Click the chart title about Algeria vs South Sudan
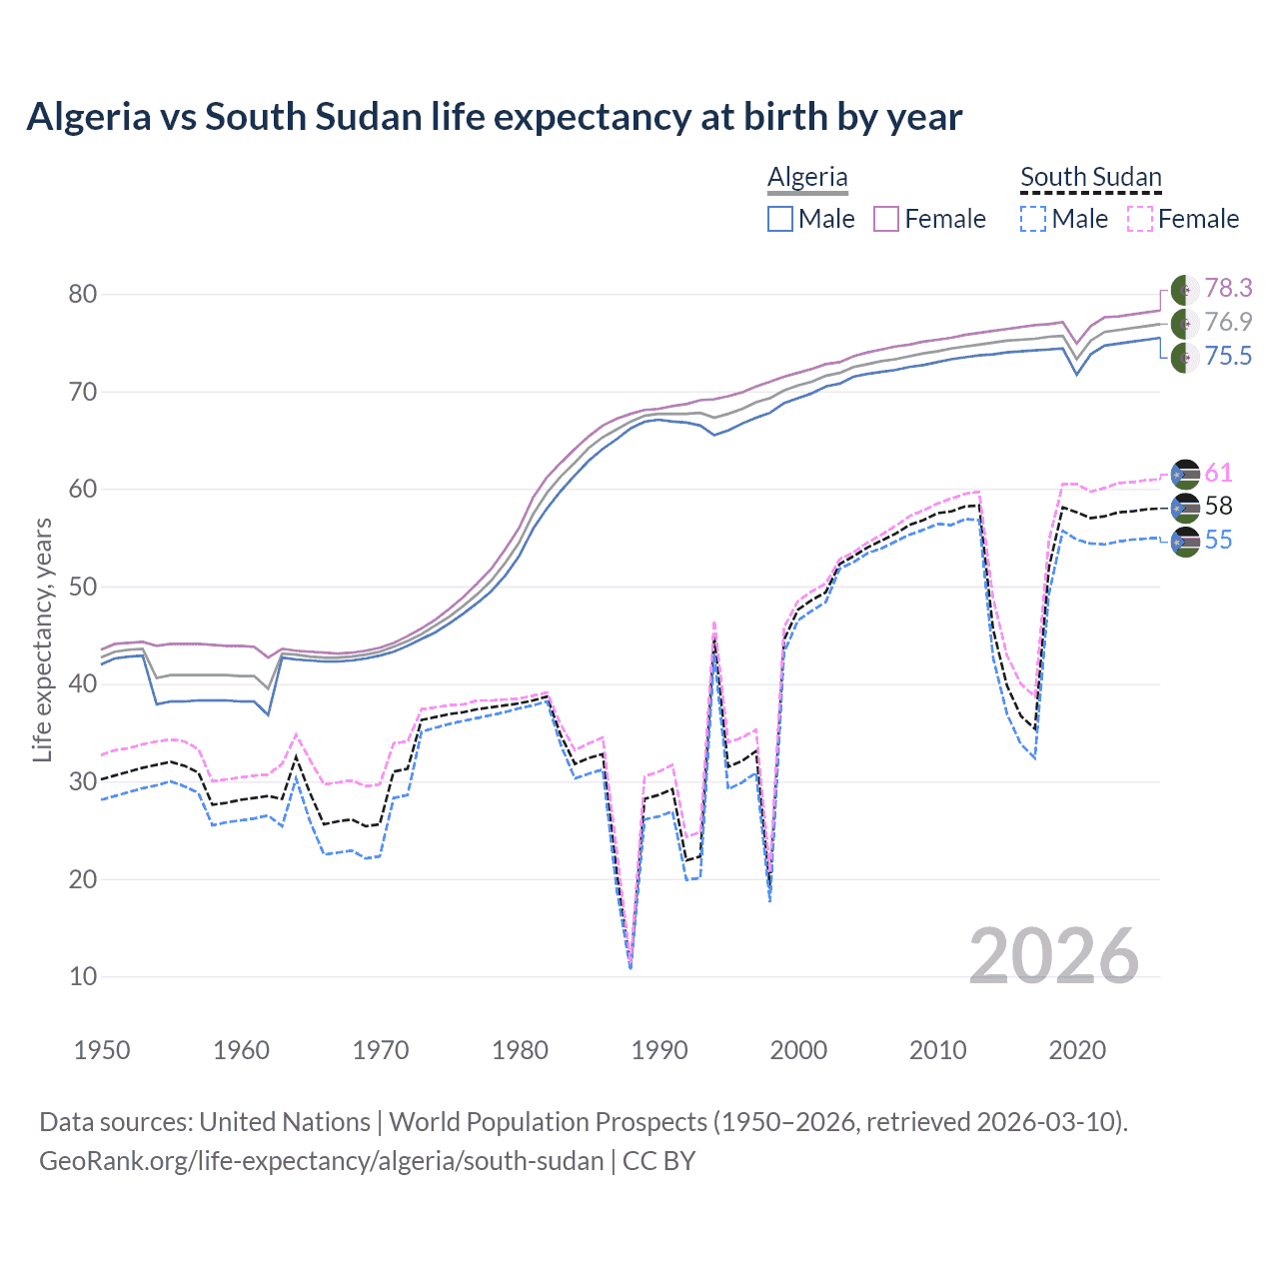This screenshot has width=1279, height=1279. tap(494, 117)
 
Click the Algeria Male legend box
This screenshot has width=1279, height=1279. tap(780, 219)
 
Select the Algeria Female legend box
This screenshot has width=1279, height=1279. tap(887, 219)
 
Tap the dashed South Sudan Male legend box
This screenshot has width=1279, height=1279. tap(1033, 219)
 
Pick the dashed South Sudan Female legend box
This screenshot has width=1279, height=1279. tap(1140, 219)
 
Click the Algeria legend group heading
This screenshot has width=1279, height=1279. tap(807, 177)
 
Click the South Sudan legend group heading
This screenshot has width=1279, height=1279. tap(1090, 177)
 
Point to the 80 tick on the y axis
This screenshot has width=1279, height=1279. tap(83, 294)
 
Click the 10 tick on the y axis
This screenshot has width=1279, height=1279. tap(83, 977)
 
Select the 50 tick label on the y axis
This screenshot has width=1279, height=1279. tap(83, 587)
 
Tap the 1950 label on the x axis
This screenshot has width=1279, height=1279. tap(102, 1050)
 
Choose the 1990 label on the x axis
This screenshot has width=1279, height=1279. tap(659, 1050)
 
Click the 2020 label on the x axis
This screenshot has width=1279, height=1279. tap(1077, 1050)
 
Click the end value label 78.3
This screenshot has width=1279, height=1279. tap(1228, 288)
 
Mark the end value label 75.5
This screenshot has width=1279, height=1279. tap(1228, 356)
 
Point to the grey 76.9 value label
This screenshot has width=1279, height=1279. tap(1228, 322)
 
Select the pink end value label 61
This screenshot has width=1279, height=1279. tap(1218, 473)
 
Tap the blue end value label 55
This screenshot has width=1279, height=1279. tap(1218, 541)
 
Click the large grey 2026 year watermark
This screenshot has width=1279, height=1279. tap(1054, 956)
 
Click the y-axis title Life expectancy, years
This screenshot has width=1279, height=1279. tap(42, 639)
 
